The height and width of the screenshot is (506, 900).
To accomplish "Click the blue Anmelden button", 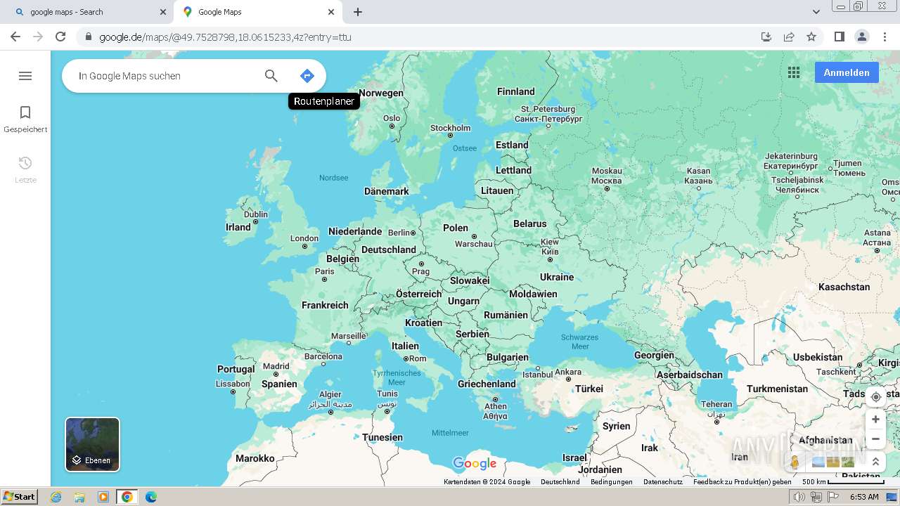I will tap(846, 72).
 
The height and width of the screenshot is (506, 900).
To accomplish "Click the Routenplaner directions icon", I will tap(307, 76).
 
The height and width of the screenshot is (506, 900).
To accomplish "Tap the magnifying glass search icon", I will tap(271, 76).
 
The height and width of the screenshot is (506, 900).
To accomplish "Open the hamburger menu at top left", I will tap(25, 76).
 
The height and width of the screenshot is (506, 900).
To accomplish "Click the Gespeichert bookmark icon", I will tap(25, 113).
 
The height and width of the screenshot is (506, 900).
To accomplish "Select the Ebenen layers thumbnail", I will tap(93, 444).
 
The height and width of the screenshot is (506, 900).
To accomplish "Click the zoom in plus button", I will tap(875, 420).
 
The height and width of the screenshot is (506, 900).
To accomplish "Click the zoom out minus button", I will tap(875, 439).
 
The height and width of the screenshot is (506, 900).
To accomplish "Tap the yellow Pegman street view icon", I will tap(795, 462).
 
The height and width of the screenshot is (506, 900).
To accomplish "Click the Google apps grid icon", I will tap(794, 72).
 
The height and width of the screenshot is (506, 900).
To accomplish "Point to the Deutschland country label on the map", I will tap(388, 249).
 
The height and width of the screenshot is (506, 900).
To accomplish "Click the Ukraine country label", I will tap(557, 277).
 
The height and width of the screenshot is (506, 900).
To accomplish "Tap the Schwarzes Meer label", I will tap(580, 342).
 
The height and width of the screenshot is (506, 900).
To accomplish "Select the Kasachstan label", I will tap(844, 287).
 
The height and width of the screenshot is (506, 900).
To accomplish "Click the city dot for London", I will tap(304, 247).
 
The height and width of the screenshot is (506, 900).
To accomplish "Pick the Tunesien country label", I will tap(382, 437).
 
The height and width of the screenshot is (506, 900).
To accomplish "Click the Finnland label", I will tap(516, 91).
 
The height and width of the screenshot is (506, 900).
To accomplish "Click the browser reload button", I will tap(60, 37).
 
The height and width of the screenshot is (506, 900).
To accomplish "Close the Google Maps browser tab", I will tap(331, 12).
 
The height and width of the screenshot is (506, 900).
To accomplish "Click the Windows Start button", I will tap(19, 497).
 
